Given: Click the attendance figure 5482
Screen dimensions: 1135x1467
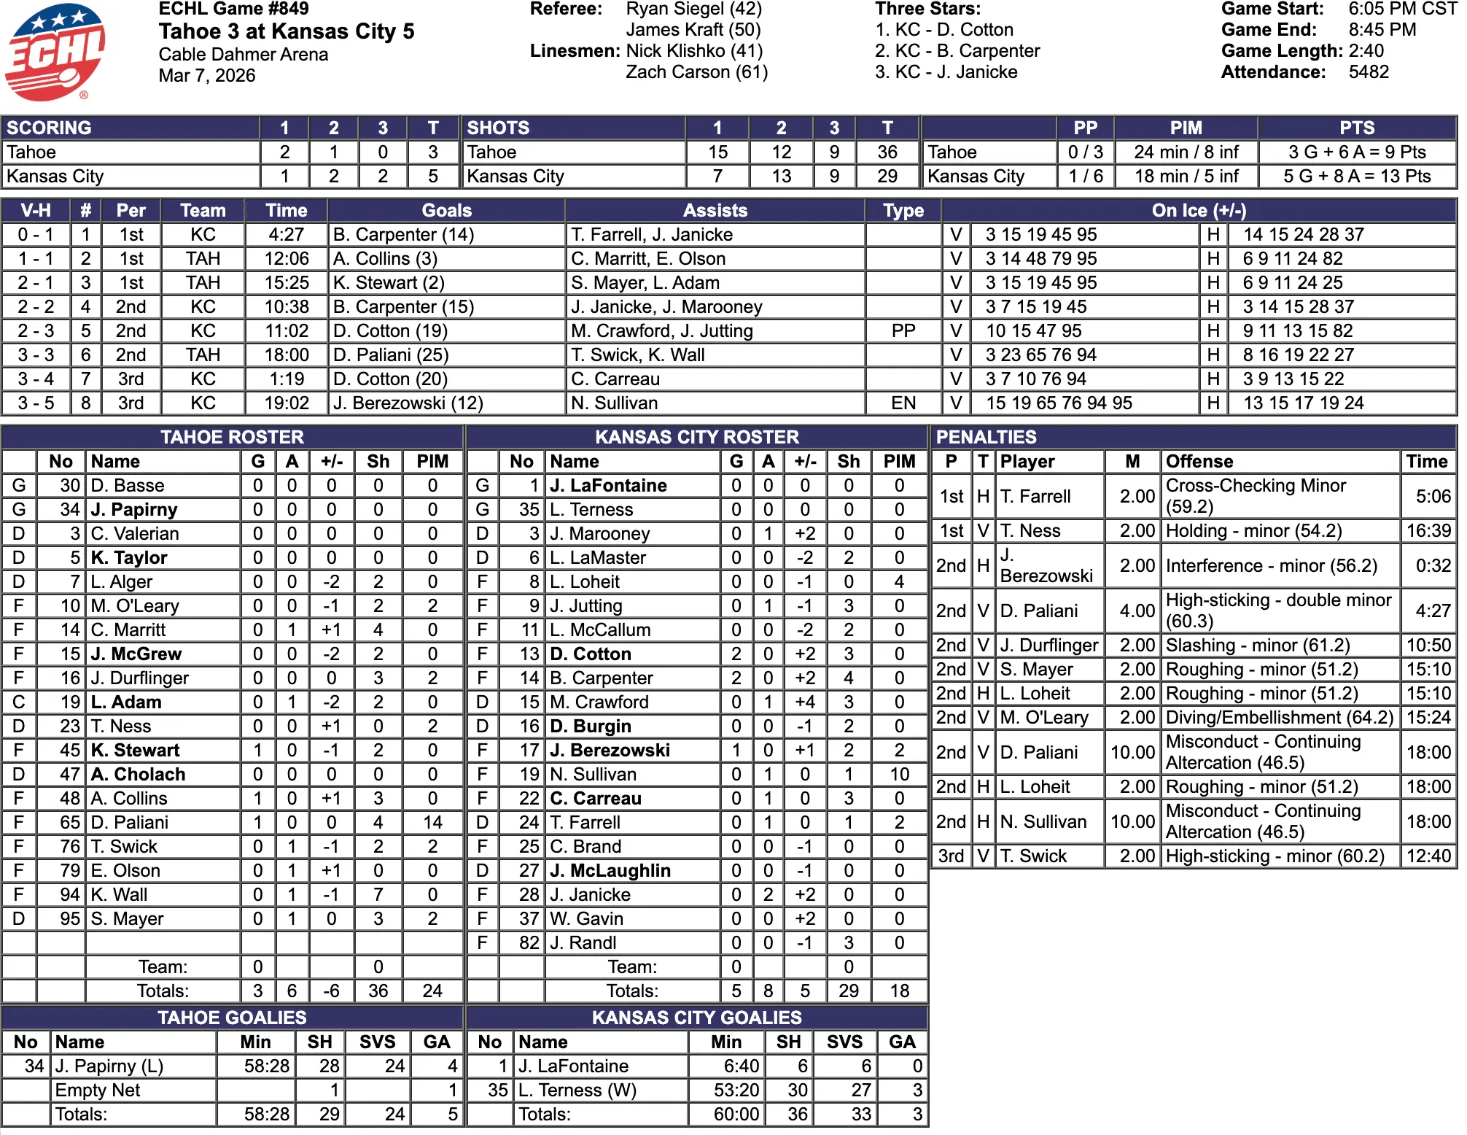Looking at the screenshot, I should (x=1369, y=72).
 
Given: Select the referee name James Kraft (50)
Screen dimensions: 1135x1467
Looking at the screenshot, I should (x=693, y=30).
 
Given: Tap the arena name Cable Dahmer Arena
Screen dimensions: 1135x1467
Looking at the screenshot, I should (x=243, y=55).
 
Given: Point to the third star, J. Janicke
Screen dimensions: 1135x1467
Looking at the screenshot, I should (x=946, y=72).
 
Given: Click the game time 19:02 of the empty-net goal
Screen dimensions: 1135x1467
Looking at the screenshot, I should (x=287, y=403).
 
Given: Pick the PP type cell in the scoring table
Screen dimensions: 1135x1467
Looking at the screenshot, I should (x=903, y=331).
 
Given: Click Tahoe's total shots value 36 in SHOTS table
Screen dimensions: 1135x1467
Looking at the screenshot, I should (x=887, y=152).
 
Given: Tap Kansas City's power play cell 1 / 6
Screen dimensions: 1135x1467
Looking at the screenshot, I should (x=1085, y=177).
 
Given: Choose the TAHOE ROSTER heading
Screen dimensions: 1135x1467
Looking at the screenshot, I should (x=232, y=437).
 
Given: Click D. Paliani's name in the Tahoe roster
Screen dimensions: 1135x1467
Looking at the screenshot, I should (x=129, y=823).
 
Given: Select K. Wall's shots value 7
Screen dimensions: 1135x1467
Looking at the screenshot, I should (x=378, y=895).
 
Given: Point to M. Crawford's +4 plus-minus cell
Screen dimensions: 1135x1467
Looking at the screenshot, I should (x=804, y=702).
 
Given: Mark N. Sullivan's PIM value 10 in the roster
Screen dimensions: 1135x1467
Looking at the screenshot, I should (x=899, y=775).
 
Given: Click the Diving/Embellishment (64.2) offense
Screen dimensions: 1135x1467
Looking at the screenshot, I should (x=1279, y=718).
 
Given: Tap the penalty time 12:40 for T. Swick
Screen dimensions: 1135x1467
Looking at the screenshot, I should (x=1428, y=856).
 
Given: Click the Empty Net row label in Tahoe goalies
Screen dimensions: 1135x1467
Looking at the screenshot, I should (x=98, y=1091).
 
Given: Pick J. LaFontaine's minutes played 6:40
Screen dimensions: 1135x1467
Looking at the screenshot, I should (x=741, y=1066).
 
